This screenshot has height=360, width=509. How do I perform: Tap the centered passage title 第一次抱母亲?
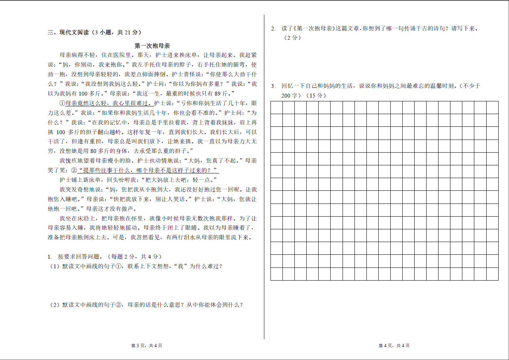click(152, 46)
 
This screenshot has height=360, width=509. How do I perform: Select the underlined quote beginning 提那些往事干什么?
click(148, 170)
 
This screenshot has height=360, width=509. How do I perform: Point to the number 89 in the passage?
click(218, 94)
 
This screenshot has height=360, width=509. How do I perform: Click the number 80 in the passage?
click(94, 151)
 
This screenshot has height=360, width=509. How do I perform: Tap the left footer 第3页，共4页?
click(146, 346)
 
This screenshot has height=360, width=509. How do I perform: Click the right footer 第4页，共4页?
click(394, 346)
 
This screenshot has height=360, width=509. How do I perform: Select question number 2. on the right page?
click(273, 29)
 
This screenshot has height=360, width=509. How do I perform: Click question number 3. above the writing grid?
click(273, 86)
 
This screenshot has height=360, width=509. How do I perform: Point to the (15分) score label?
click(316, 96)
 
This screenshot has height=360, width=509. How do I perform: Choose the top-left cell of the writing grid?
click(277, 108)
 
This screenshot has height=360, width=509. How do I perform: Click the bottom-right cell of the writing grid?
click(492, 274)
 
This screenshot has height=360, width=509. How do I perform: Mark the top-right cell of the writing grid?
click(492, 108)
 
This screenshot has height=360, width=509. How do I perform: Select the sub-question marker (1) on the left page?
click(54, 266)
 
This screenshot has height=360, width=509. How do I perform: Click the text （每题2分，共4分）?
click(134, 257)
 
